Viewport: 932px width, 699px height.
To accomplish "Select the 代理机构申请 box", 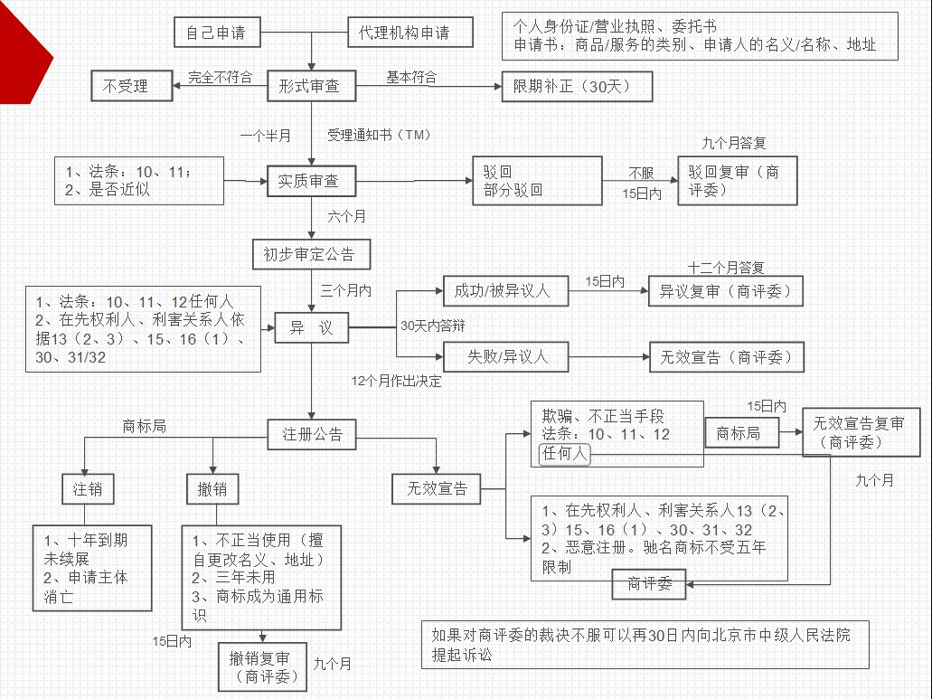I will pos(399,33).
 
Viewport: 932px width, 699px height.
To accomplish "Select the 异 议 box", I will pos(312,328).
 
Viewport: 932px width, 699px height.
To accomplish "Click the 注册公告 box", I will pos(312,433).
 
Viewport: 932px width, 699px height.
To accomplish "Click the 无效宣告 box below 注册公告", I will pos(437,489).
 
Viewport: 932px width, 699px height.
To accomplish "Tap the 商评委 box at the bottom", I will pos(649,584).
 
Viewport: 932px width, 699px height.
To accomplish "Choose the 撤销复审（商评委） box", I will pos(262,666).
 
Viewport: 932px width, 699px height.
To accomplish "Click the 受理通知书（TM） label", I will pos(379,136).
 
